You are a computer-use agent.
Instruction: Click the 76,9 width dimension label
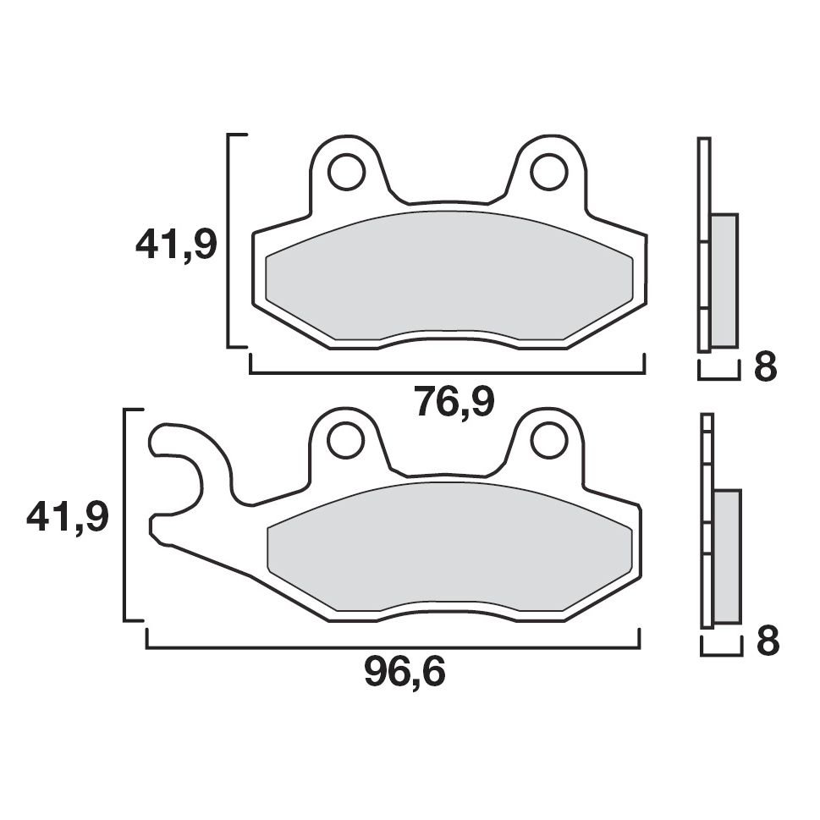(454, 401)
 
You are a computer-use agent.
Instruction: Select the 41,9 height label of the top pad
(176, 245)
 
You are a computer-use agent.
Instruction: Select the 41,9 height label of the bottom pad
(68, 517)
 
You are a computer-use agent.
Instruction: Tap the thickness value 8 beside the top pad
(764, 368)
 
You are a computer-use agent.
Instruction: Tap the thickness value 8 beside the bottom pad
(767, 642)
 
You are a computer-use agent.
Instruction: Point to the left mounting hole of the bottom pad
(344, 438)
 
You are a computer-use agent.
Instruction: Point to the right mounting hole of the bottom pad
(548, 438)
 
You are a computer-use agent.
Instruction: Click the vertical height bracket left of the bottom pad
(126, 515)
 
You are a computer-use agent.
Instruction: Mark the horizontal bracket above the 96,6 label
(393, 647)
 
